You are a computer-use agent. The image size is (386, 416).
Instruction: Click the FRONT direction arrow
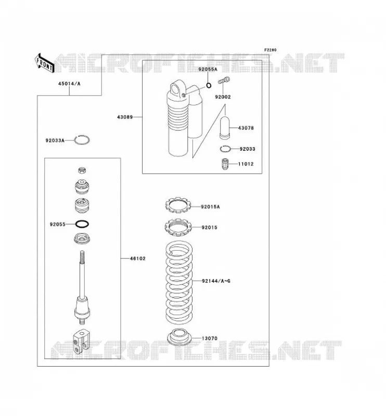(44, 63)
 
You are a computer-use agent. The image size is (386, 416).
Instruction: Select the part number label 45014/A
(69, 84)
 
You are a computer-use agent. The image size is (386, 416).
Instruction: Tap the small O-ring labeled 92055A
(209, 85)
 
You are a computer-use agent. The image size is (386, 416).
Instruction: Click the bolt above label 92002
(224, 80)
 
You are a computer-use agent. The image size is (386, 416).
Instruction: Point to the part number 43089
(125, 117)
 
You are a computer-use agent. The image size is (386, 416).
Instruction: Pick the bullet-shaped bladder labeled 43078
(225, 127)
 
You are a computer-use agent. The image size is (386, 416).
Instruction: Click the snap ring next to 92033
(225, 149)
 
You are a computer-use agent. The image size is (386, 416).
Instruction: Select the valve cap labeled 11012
(225, 164)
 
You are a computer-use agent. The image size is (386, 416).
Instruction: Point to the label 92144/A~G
(216, 281)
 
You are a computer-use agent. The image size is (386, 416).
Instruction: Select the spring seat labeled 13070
(179, 337)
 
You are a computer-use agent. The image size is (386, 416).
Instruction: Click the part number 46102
(137, 258)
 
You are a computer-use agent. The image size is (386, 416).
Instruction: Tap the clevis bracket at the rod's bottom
(80, 342)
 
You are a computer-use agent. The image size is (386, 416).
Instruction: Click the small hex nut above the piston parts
(82, 170)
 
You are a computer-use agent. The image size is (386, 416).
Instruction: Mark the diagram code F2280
(270, 50)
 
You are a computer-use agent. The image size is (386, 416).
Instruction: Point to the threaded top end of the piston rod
(82, 256)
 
